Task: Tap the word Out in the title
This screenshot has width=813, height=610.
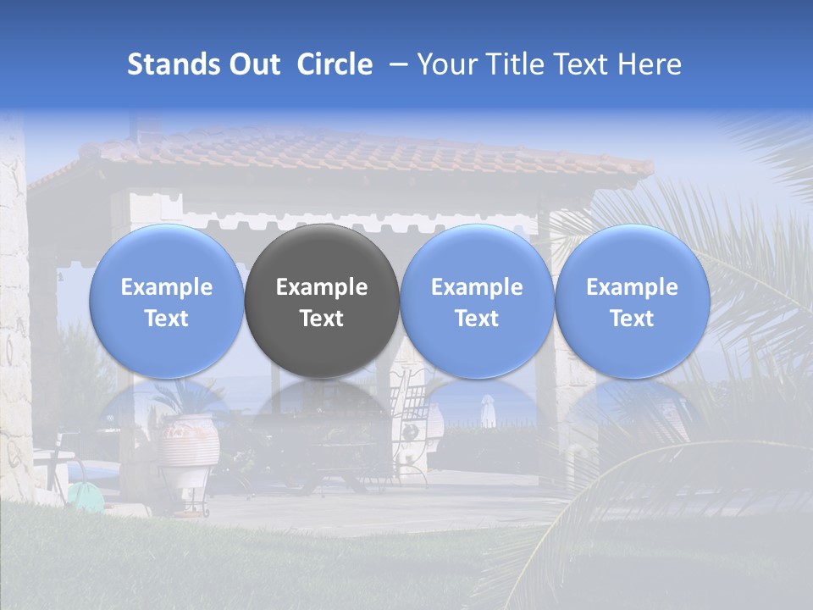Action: pyautogui.click(x=252, y=64)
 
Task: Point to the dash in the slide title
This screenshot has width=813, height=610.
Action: pyautogui.click(x=395, y=64)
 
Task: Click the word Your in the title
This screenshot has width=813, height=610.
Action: pyautogui.click(x=444, y=64)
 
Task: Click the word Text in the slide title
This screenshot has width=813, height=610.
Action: pyautogui.click(x=575, y=64)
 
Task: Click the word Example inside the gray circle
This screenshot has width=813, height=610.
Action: pyautogui.click(x=322, y=287)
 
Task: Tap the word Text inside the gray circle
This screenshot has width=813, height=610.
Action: pyautogui.click(x=322, y=319)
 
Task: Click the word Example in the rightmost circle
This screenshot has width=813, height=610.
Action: pyautogui.click(x=632, y=287)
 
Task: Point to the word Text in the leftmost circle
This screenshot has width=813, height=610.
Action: pyautogui.click(x=167, y=319)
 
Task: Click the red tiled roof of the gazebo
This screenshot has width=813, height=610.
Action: pyautogui.click(x=364, y=152)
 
